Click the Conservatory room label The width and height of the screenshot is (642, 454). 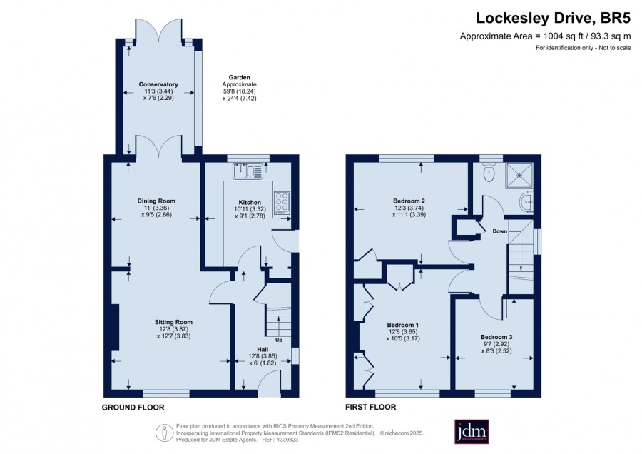(x=158, y=84)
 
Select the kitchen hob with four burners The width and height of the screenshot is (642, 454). (x=282, y=203)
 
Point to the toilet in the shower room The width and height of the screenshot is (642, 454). (x=489, y=172)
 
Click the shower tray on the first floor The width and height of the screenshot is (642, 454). (x=519, y=176)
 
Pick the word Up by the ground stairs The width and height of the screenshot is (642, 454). (x=279, y=340)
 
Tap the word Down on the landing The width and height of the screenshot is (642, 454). (x=499, y=231)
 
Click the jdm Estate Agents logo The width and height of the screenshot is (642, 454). (x=472, y=431)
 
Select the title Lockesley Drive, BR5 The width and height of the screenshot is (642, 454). (x=553, y=18)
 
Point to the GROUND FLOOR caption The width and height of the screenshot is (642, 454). (x=133, y=408)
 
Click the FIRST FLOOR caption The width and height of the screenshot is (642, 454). (x=370, y=408)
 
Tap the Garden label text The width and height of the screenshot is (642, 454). (x=239, y=77)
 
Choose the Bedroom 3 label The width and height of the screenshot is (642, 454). (x=496, y=337)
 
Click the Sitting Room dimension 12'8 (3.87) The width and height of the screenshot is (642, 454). (x=173, y=329)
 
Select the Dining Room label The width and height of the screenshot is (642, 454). (x=156, y=201)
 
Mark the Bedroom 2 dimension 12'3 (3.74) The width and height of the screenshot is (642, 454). (x=409, y=208)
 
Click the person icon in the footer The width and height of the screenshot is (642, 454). (x=165, y=433)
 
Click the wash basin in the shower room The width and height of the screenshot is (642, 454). (x=527, y=202)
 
